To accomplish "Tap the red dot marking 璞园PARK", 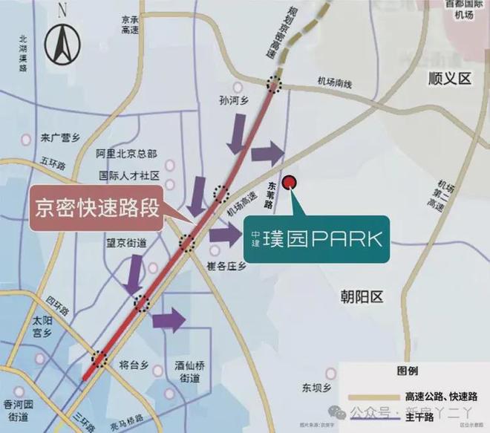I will click(x=291, y=180).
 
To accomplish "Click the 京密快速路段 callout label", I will click(x=97, y=206).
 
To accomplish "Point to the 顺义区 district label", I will click(x=449, y=77).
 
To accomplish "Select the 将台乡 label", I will click(x=134, y=365).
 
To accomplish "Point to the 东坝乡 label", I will click(x=316, y=387).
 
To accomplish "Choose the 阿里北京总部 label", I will click(x=127, y=154).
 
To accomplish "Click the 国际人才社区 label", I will click(x=130, y=177).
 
